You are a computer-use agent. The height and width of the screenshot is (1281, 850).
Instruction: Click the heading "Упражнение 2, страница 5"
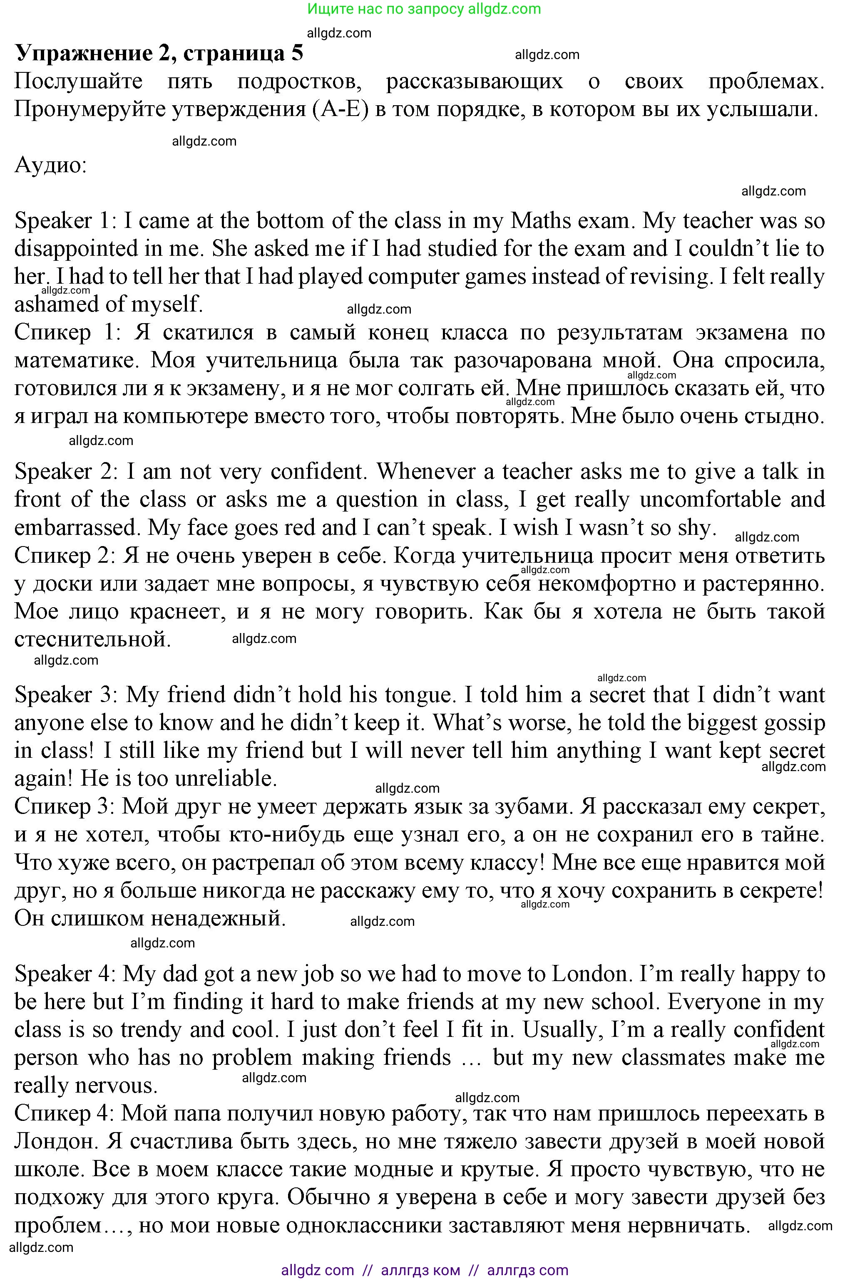[x=159, y=53]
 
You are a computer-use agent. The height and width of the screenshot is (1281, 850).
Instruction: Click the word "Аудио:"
[x=50, y=164]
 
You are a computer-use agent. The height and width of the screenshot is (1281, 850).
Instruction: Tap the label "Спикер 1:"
[x=66, y=332]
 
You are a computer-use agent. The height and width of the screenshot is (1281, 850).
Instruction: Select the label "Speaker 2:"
[x=66, y=471]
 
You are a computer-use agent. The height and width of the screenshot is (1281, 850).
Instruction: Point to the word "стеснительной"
[x=92, y=639]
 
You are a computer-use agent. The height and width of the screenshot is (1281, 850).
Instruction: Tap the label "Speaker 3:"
[x=66, y=695]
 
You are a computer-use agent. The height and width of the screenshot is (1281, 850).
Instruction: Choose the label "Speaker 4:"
[x=65, y=974]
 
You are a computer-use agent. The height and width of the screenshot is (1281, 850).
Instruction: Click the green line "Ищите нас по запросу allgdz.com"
[x=425, y=9]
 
